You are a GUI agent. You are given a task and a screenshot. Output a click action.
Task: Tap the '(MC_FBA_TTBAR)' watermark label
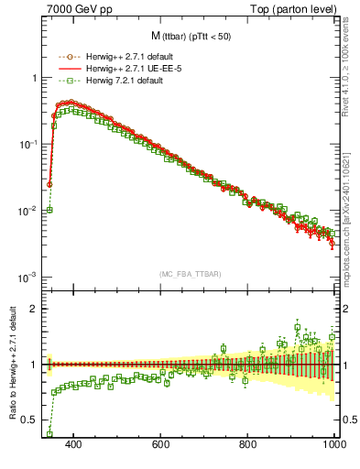point(190,274)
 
